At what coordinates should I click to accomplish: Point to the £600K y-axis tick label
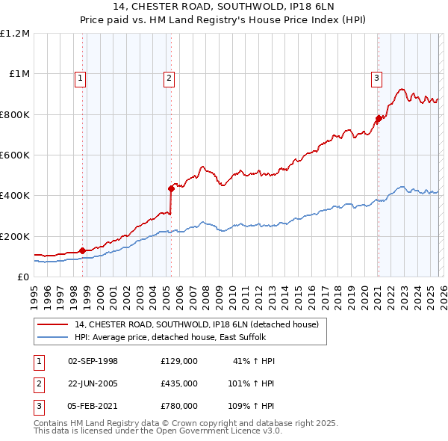point(15,155)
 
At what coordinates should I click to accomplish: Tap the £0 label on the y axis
point(24,277)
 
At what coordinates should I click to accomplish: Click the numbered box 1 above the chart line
point(80,76)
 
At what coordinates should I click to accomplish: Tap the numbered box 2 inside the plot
point(169,76)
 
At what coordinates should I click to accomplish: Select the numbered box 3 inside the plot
point(377,76)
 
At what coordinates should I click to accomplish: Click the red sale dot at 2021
point(379,118)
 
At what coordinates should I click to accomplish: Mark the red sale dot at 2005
point(171,188)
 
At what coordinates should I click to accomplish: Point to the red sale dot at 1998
point(81,250)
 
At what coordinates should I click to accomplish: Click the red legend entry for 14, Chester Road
point(197,324)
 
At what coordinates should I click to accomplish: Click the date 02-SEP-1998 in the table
point(93,361)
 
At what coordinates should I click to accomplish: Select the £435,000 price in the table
point(179,383)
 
